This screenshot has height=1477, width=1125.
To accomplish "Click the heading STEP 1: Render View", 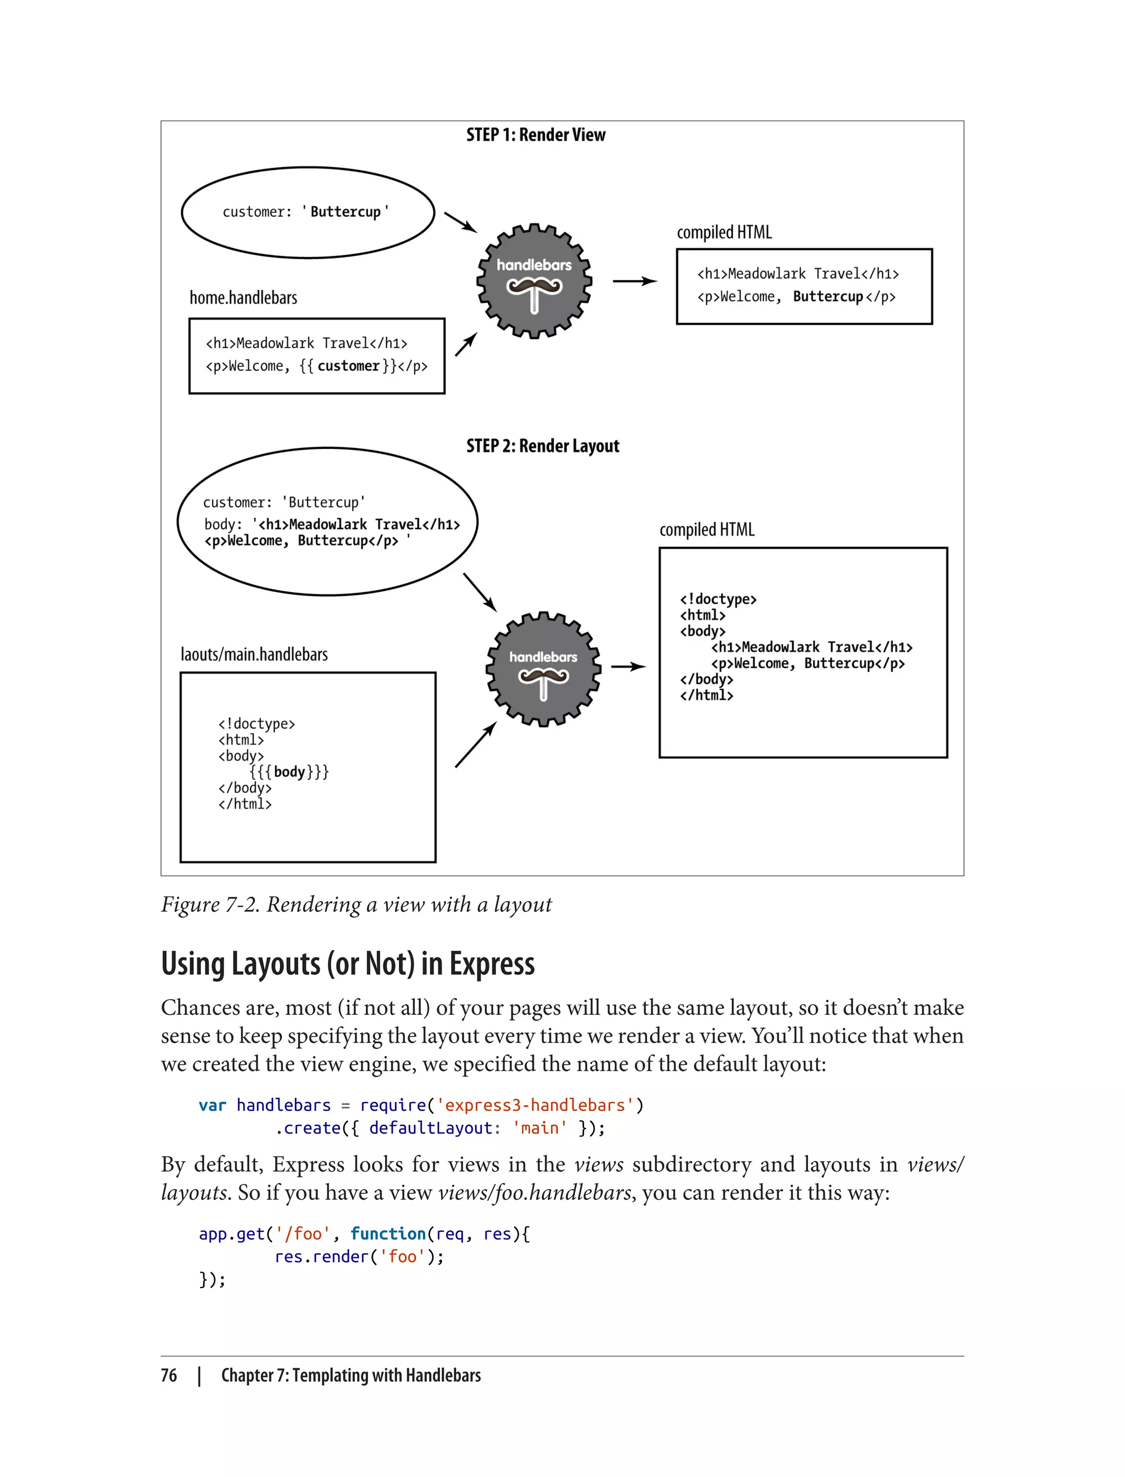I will (x=536, y=135).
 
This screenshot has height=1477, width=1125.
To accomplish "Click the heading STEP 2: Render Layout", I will (x=542, y=446).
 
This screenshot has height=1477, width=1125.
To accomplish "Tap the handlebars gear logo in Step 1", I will (x=534, y=281).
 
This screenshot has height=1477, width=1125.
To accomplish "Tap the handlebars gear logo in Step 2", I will (x=543, y=669).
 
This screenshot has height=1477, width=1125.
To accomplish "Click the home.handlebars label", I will (x=243, y=298).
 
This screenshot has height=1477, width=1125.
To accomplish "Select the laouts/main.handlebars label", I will (x=254, y=654).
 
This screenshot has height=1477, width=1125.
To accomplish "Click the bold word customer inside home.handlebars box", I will (x=348, y=367).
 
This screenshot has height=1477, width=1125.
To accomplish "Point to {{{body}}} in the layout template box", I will (x=289, y=771).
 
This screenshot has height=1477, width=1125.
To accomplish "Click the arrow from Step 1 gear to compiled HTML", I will (x=635, y=281).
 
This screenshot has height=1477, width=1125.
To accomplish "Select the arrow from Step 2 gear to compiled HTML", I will (x=628, y=667).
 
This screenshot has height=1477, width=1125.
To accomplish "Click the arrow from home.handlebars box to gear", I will (x=466, y=345).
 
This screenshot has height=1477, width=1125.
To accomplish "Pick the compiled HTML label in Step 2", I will (x=706, y=530).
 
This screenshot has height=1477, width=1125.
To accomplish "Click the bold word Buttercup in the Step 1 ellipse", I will (x=346, y=212).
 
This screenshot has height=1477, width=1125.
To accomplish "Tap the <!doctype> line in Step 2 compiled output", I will (x=718, y=599).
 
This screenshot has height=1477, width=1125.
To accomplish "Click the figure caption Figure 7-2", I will (x=357, y=905).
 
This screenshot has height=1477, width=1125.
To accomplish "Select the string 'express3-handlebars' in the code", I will (x=535, y=1105).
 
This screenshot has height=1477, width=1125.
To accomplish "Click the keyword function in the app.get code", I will (x=388, y=1234).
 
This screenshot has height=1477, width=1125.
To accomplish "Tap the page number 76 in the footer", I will (x=169, y=1375).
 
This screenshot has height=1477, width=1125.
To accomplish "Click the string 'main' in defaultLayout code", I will (x=540, y=1128).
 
